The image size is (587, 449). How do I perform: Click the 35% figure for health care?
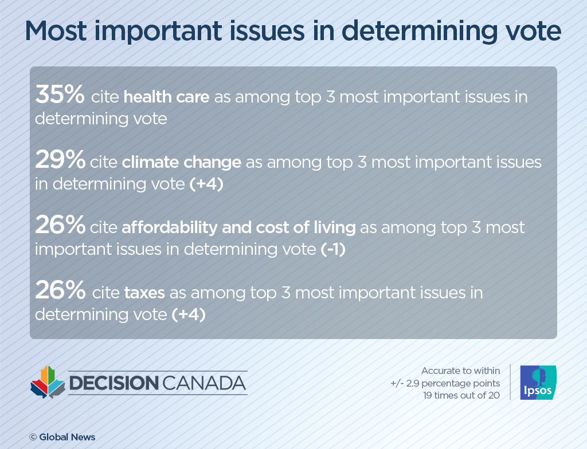pyautogui.click(x=60, y=96)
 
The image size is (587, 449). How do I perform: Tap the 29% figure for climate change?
pyautogui.click(x=60, y=161)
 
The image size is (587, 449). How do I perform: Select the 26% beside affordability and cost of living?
pyautogui.click(x=60, y=227)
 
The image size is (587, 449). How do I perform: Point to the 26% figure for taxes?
pyautogui.click(x=60, y=292)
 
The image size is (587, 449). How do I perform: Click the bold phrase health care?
pyautogui.click(x=166, y=97)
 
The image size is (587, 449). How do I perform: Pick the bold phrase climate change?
pyautogui.click(x=181, y=163)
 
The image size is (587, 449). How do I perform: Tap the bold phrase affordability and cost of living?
pyautogui.click(x=238, y=228)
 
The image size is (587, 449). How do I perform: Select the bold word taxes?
pyautogui.click(x=144, y=294)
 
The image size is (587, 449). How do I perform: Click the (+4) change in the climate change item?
pyautogui.click(x=206, y=184)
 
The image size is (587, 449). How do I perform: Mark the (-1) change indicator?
pyautogui.click(x=333, y=250)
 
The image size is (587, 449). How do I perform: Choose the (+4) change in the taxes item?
pyautogui.click(x=188, y=315)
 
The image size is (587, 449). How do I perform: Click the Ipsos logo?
pyautogui.click(x=538, y=383)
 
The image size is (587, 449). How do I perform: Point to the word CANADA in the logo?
pyautogui.click(x=204, y=383)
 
